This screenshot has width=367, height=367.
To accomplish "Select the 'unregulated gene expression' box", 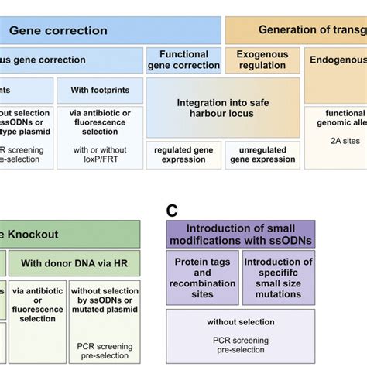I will click(262, 154).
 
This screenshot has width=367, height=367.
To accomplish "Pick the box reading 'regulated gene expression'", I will click(183, 154).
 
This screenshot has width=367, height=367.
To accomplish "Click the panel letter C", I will click(173, 210).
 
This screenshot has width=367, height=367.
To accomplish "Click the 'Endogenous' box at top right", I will click(338, 60).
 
